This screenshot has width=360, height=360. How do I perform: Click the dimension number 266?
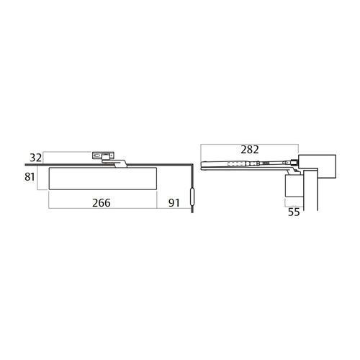(102, 203)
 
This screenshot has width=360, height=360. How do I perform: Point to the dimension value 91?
(173, 203)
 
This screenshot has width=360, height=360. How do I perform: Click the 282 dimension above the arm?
(250, 150)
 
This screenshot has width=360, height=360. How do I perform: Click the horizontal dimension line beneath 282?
(248, 158)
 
